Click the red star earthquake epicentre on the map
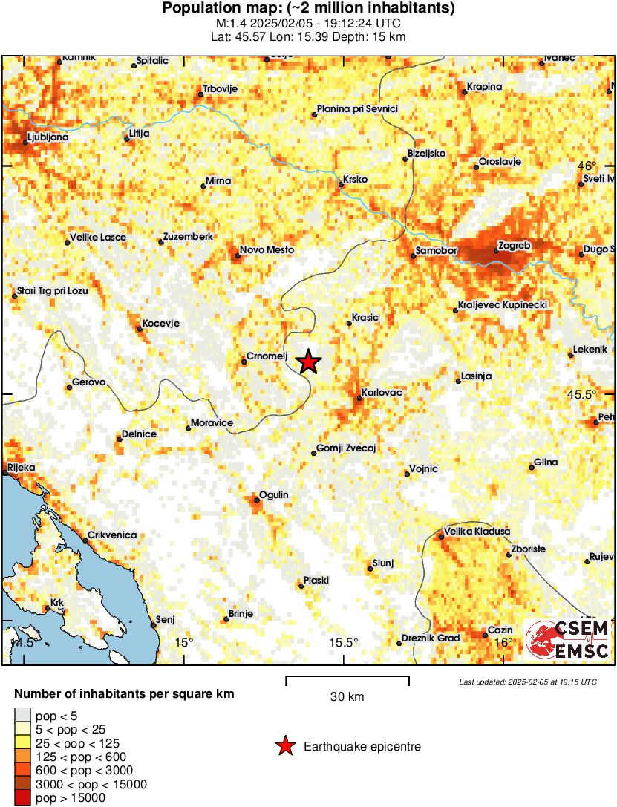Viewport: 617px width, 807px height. click(x=309, y=362)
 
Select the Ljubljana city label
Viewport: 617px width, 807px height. click(x=48, y=137)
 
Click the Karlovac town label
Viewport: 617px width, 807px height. click(x=381, y=392)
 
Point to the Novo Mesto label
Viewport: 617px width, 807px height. click(x=267, y=251)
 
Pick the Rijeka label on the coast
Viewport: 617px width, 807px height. click(x=21, y=468)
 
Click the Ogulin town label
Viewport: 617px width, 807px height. click(x=273, y=495)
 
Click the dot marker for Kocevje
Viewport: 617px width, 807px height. click(x=140, y=328)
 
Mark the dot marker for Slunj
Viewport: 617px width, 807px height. click(x=370, y=569)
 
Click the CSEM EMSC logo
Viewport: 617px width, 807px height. click(x=567, y=640)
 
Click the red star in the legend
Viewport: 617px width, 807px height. click(x=284, y=746)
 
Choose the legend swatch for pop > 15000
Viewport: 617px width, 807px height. click(x=23, y=798)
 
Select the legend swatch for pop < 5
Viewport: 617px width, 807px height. click(x=23, y=715)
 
